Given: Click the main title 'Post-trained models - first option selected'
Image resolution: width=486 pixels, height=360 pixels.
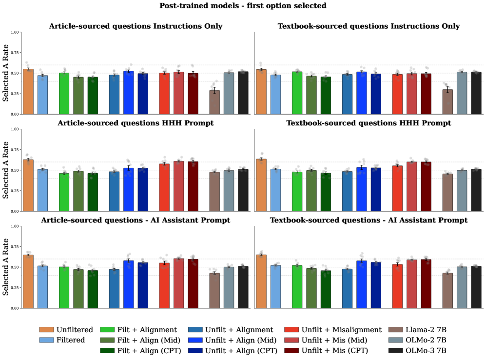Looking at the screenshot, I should tap(243, 6).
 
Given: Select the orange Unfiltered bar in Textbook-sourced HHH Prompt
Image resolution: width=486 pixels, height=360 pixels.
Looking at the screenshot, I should tap(261, 185).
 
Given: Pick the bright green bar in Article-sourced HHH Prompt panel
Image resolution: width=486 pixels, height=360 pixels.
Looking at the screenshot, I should tap(64, 192).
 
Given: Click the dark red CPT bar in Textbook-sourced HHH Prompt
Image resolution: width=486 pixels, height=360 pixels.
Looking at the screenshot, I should tap(426, 186).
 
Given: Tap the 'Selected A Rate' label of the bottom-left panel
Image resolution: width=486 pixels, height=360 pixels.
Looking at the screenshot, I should tap(6, 267).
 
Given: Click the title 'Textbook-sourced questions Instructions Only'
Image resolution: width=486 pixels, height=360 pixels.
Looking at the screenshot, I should tap(369, 26).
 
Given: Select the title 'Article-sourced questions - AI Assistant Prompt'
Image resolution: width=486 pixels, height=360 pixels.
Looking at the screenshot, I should tap(136, 220).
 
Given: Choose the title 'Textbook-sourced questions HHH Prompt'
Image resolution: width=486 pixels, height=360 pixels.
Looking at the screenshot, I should tap(369, 123).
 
